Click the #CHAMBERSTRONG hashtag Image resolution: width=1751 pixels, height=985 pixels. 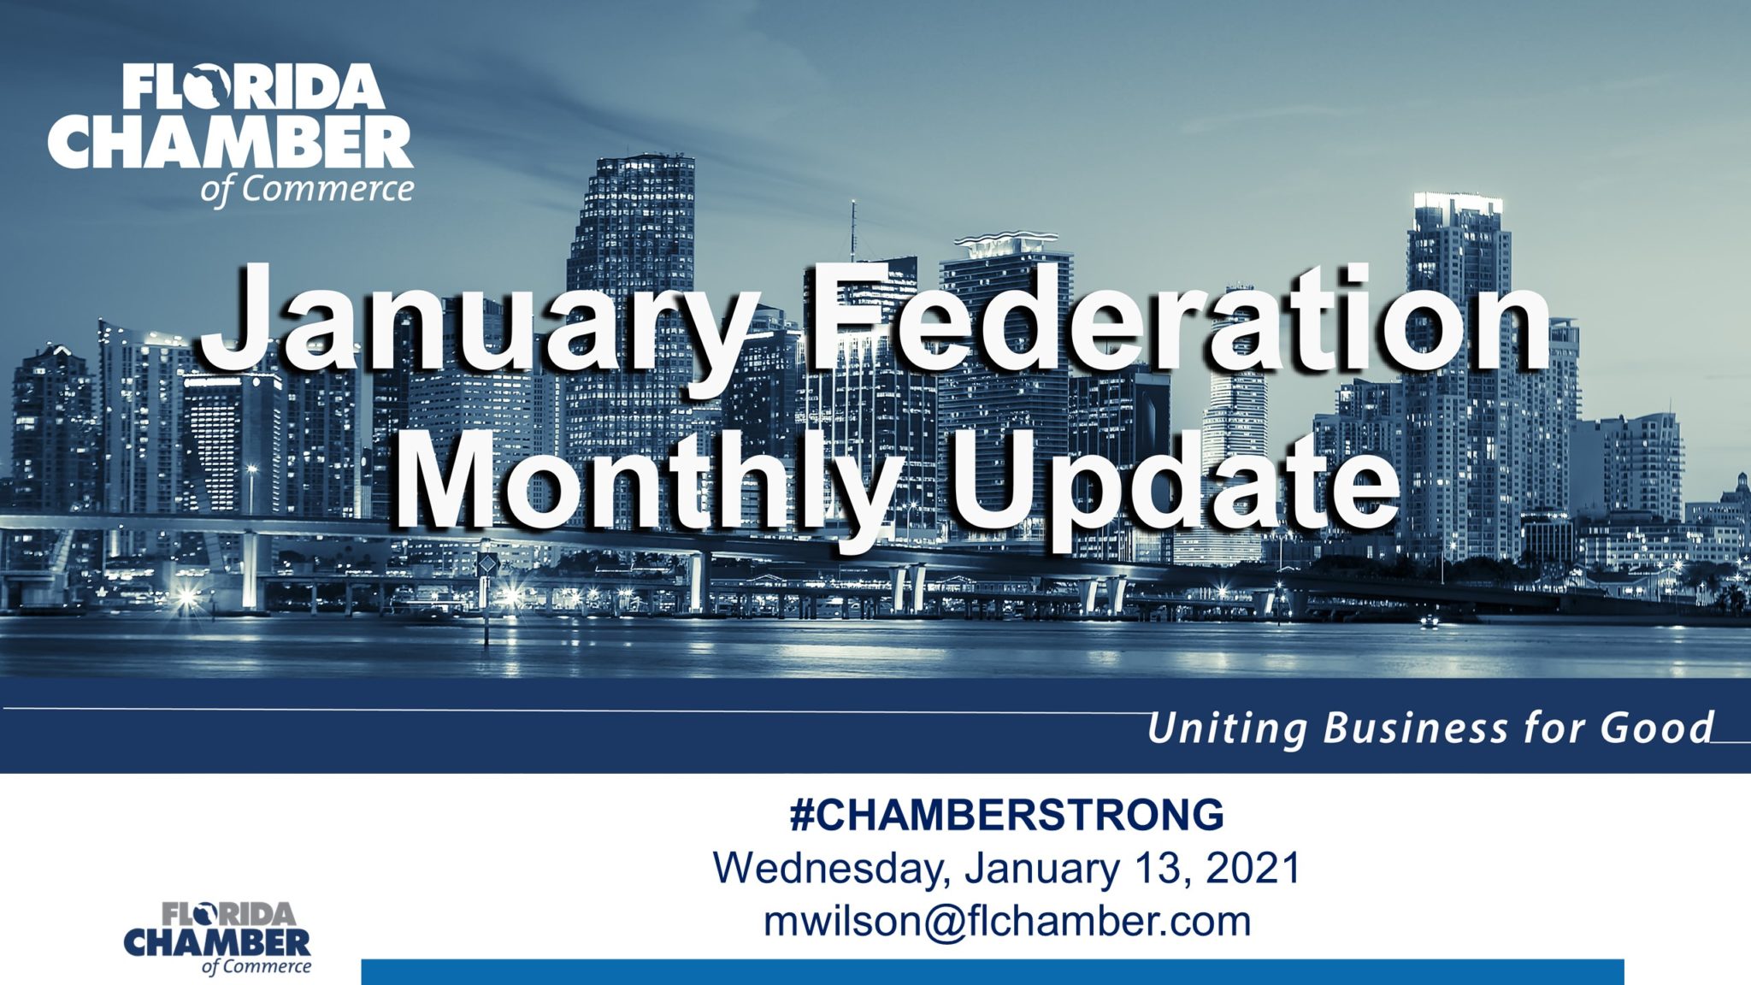[1006, 815]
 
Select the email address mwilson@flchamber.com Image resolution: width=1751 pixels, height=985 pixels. [1006, 921]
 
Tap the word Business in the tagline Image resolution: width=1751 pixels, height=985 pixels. [1415, 728]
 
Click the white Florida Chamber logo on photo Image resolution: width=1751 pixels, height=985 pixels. [231, 133]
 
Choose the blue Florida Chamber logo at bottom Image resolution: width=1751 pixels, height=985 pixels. [218, 937]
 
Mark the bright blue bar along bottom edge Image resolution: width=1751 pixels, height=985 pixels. [992, 971]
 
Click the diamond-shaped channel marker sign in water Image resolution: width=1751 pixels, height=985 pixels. [486, 565]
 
